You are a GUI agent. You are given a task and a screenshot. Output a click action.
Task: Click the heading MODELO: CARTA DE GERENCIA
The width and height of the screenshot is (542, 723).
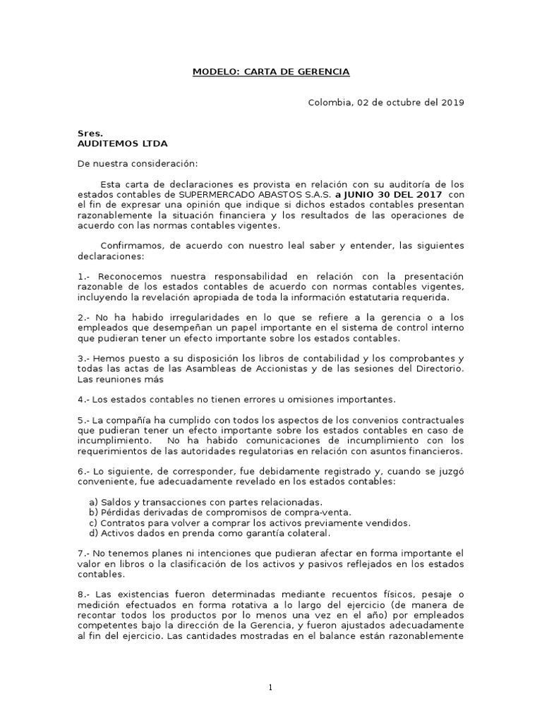271,72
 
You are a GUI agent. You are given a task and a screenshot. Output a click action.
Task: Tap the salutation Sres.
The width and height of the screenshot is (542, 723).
90,133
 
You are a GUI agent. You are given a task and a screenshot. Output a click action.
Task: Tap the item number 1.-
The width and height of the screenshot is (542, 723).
84,276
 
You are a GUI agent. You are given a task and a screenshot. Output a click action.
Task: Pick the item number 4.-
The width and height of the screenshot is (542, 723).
84,400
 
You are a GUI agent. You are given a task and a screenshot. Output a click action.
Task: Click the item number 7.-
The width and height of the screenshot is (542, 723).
84,553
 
